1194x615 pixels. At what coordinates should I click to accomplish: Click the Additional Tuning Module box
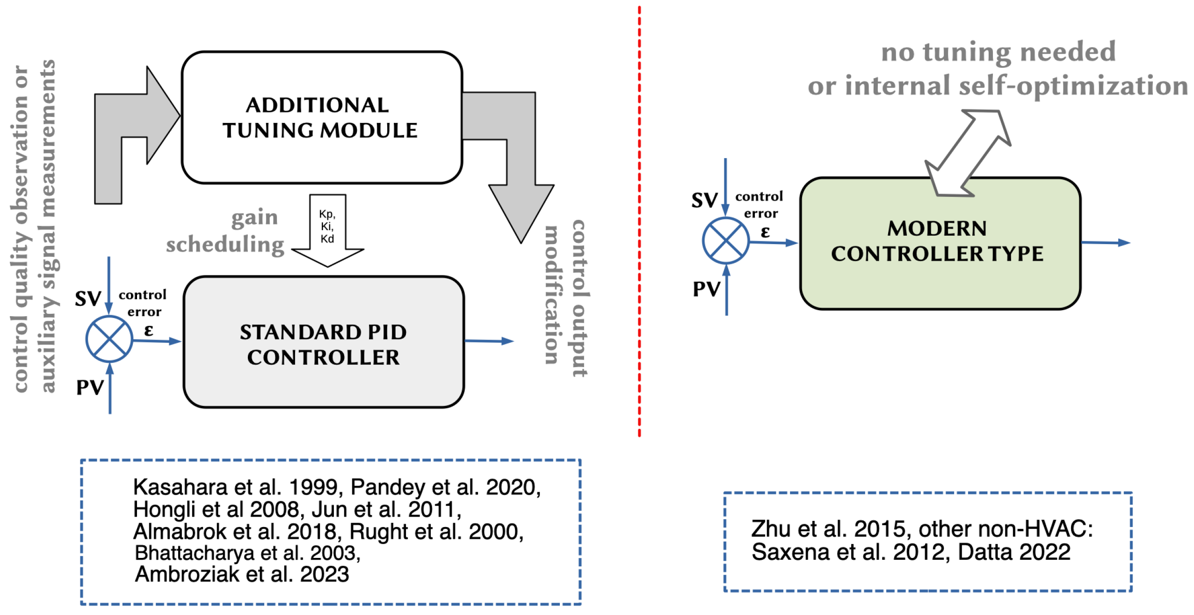[321, 117]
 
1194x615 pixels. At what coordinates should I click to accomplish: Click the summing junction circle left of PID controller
[109, 339]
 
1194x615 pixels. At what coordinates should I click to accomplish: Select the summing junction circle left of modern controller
[725, 240]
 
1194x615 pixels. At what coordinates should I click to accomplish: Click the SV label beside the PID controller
[88, 299]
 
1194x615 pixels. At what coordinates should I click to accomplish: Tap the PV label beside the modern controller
[706, 289]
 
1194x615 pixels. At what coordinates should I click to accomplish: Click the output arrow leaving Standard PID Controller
[489, 341]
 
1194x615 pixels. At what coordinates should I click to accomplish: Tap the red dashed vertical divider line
[639, 220]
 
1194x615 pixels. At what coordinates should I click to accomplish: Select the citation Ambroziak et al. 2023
[242, 575]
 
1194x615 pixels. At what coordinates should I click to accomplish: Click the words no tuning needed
[998, 51]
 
